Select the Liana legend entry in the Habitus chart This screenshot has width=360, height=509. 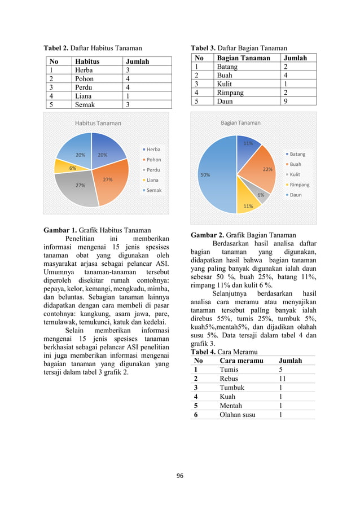pyautogui.click(x=153, y=180)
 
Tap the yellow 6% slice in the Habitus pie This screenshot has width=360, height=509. pyautogui.click(x=63, y=166)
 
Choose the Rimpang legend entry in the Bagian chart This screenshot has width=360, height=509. pyautogui.click(x=299, y=185)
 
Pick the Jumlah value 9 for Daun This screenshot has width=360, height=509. pyautogui.click(x=287, y=102)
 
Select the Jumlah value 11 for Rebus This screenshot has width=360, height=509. pyautogui.click(x=283, y=379)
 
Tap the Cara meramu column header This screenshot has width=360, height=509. pyautogui.click(x=240, y=361)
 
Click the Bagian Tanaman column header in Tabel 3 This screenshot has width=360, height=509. pyautogui.click(x=243, y=58)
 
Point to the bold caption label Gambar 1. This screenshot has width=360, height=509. pyautogui.click(x=60, y=230)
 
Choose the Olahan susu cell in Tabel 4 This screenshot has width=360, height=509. pyautogui.click(x=237, y=415)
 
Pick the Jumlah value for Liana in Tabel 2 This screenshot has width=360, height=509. pyautogui.click(x=128, y=96)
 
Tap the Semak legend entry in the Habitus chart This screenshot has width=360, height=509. pyautogui.click(x=154, y=190)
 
